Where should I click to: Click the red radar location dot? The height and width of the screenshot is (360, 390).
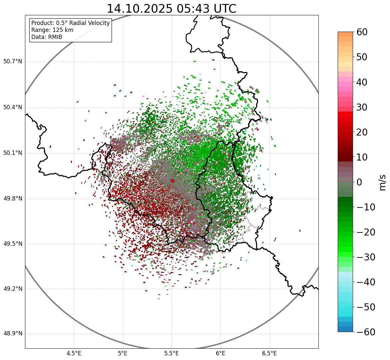click(172, 181)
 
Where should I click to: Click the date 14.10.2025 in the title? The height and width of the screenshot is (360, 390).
click(139, 9)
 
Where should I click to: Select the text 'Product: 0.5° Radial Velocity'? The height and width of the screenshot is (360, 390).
click(70, 23)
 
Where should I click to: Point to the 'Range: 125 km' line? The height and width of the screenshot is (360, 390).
click(52, 30)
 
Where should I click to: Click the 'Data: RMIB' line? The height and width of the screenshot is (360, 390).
click(47, 37)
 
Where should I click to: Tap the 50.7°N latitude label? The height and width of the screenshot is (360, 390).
click(13, 61)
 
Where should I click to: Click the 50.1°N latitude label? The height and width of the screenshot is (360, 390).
click(13, 153)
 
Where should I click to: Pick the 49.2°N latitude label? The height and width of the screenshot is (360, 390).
click(13, 289)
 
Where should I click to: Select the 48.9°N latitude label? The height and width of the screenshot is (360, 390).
click(13, 334)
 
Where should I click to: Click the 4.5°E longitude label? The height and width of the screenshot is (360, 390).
click(74, 353)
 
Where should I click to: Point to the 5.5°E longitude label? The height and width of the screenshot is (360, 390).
click(172, 353)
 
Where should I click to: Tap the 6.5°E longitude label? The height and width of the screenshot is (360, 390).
click(269, 353)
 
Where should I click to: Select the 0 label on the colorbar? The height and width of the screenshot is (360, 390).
click(359, 182)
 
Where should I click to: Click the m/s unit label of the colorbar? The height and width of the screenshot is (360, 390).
click(382, 182)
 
